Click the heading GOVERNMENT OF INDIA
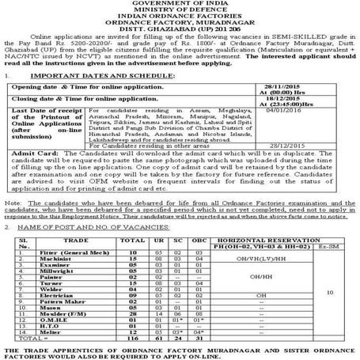point(180,4)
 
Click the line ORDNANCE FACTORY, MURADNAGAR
point(180,23)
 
